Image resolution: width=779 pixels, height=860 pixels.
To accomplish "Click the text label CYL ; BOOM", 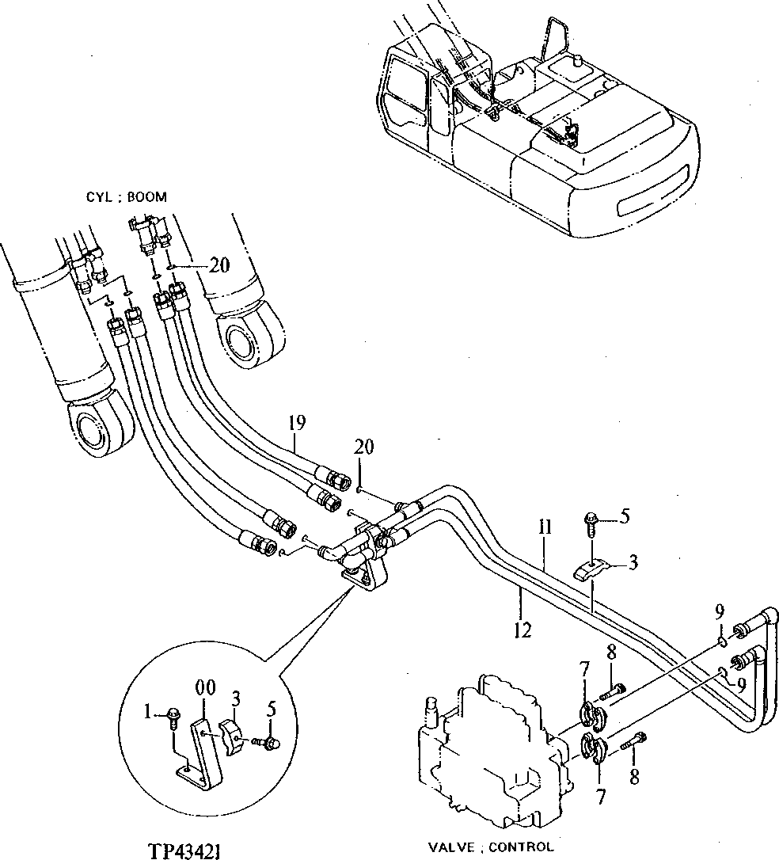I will click(126, 197).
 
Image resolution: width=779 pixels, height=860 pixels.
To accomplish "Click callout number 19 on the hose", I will click(296, 423).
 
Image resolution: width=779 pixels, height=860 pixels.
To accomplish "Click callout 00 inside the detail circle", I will click(205, 689).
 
